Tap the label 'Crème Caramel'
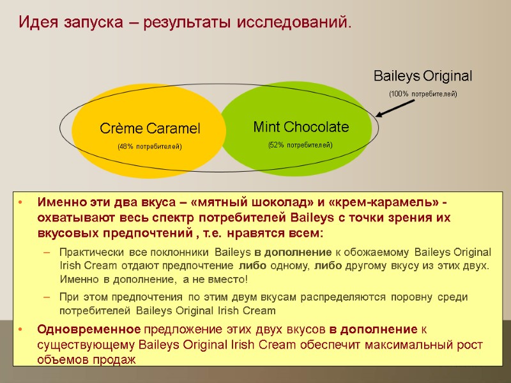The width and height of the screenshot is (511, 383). click(x=149, y=128)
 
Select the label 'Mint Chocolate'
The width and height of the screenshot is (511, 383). click(x=301, y=126)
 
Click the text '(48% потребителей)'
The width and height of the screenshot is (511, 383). click(x=149, y=147)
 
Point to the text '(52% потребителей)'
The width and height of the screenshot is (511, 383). click(x=300, y=145)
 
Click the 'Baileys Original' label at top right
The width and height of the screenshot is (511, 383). click(x=423, y=76)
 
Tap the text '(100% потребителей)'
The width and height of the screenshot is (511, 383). click(x=423, y=94)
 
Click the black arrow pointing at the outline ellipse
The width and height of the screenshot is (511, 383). click(x=395, y=107)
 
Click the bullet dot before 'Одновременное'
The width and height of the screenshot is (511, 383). click(x=22, y=329)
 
